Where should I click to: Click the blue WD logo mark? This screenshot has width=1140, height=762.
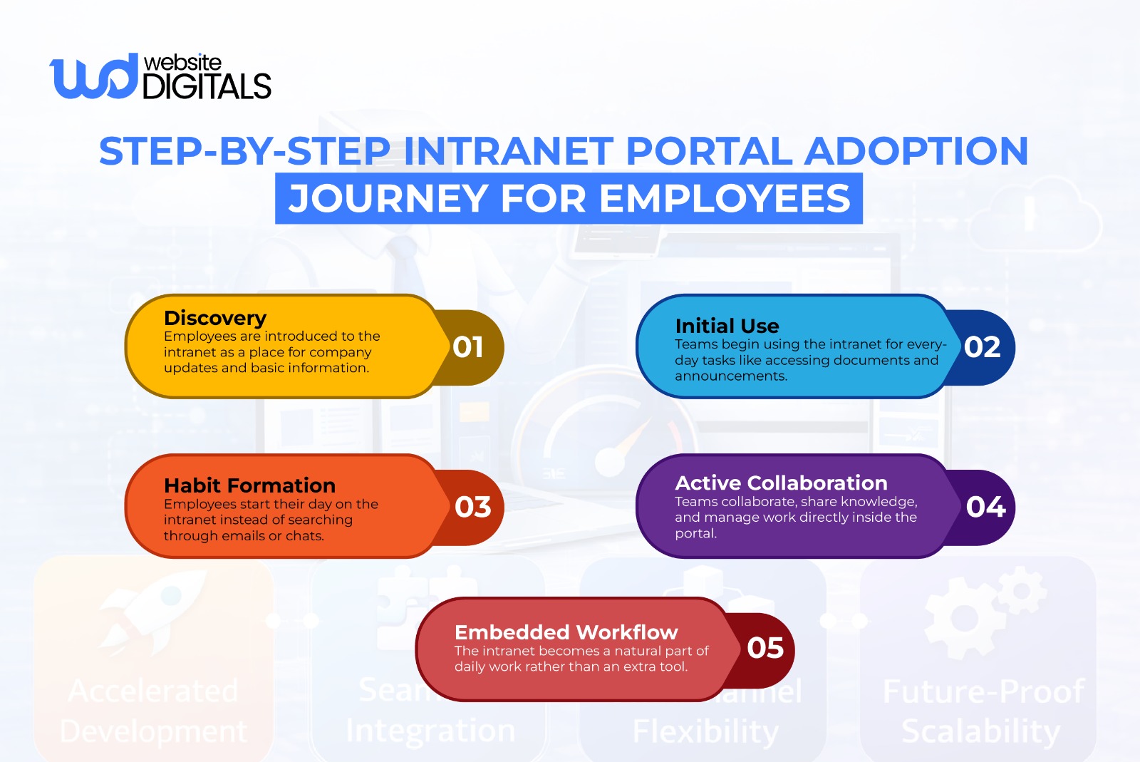pos(93,76)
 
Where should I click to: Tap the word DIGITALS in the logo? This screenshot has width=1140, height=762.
pos(207,87)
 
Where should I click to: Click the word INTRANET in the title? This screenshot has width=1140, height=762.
pos(508,151)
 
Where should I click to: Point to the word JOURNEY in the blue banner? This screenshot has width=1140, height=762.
pos(388,198)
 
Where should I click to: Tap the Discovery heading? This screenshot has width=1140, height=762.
pos(214,318)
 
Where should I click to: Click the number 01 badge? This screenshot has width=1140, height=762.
pos(468,347)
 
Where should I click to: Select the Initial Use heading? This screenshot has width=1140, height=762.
pos(727,326)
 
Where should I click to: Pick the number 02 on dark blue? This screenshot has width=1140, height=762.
pos(982,347)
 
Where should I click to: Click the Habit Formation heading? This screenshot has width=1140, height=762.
pos(249,485)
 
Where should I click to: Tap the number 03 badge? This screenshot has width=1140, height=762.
pos(472,507)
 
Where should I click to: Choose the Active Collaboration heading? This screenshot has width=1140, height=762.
pos(781,483)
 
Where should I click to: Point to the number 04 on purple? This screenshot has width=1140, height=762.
pos(985,507)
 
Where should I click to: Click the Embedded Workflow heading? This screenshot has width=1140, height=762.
pos(566,632)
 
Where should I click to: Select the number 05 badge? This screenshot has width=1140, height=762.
pos(765,648)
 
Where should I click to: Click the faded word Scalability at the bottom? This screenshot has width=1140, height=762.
pos(980,731)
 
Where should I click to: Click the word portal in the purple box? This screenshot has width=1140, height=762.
pos(695,533)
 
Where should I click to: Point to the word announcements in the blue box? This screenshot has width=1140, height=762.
pos(730,376)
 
